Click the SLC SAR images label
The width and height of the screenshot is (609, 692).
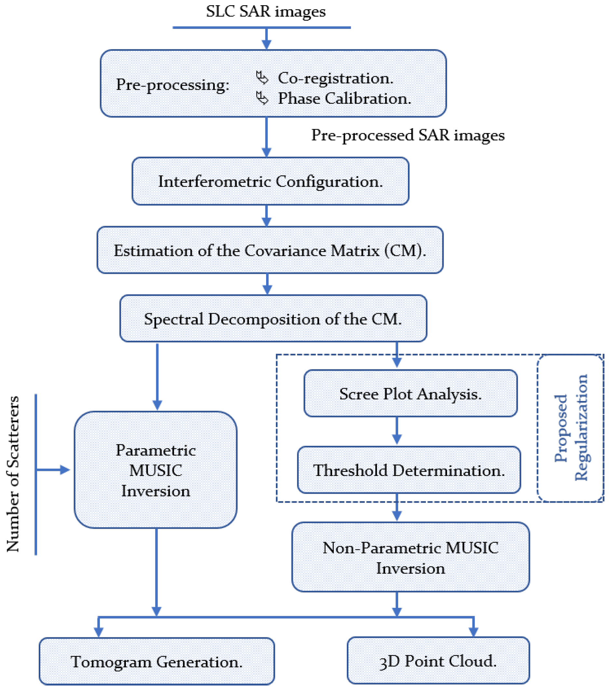click(x=265, y=11)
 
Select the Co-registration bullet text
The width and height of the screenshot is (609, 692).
click(x=335, y=78)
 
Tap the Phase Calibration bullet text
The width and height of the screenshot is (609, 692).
click(x=344, y=99)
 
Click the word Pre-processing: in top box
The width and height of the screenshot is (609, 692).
click(x=172, y=85)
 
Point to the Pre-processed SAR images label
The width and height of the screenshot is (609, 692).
click(x=408, y=135)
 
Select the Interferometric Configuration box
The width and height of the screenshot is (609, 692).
click(x=270, y=181)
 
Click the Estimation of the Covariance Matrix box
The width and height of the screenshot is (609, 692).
click(x=270, y=250)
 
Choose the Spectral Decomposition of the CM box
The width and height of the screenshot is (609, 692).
click(x=273, y=319)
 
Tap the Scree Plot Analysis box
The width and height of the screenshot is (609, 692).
click(x=410, y=393)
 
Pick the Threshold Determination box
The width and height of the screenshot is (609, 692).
click(x=409, y=470)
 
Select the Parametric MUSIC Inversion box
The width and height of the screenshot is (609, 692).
click(x=156, y=470)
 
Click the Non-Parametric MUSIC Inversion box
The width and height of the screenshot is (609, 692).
click(x=410, y=557)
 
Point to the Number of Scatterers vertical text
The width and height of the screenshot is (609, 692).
click(x=13, y=474)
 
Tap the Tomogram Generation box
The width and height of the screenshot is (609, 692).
click(x=156, y=661)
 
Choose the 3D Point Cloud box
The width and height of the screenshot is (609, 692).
click(x=438, y=661)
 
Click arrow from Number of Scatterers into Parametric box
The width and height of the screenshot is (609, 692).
click(x=54, y=470)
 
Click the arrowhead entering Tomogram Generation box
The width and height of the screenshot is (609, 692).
click(x=99, y=632)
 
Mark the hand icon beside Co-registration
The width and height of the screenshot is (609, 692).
click(x=262, y=78)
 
